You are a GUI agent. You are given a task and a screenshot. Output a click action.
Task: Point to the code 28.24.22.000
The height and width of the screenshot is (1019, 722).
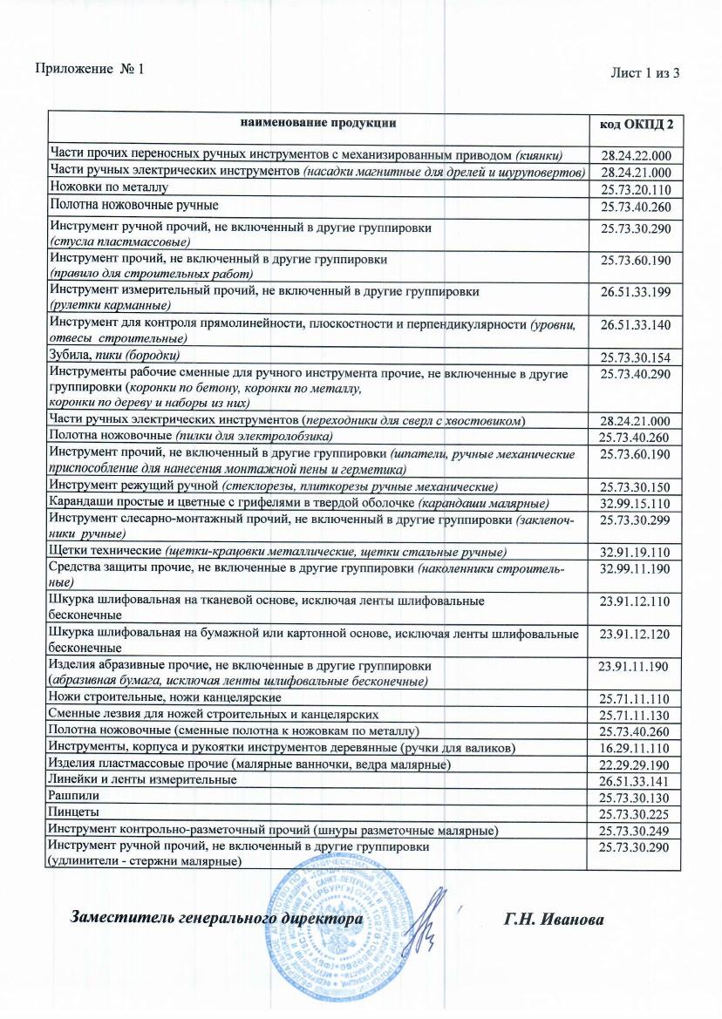636,155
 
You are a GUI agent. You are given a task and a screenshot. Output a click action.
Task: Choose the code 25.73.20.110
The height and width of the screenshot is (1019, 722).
636,188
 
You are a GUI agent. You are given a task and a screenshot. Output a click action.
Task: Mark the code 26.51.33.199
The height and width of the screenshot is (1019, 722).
636,294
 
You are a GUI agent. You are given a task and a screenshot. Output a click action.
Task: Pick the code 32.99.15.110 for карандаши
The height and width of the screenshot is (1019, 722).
636,505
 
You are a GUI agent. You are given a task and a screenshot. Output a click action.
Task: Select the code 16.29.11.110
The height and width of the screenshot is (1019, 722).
636,749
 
